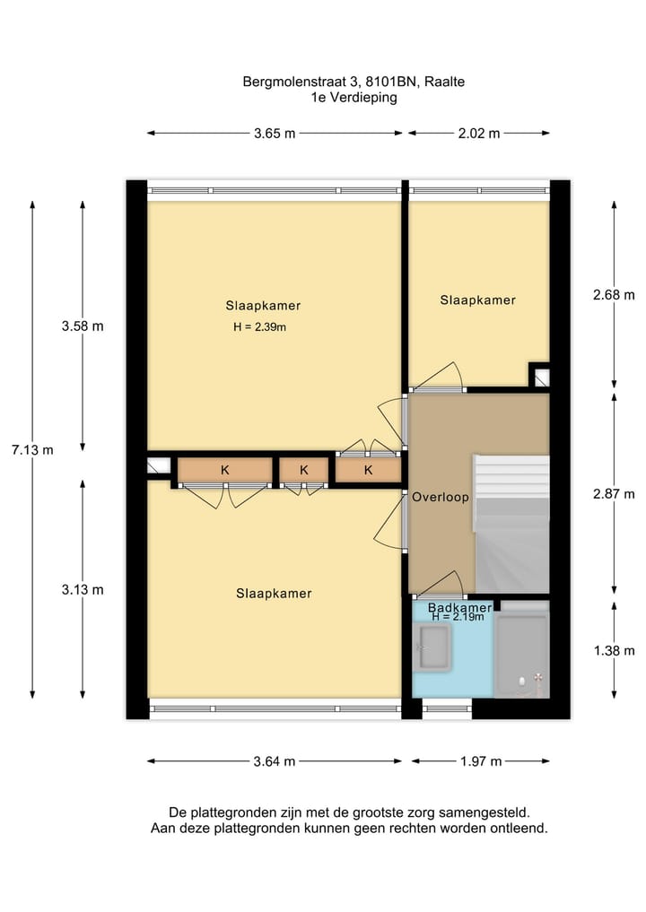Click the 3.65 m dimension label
coord(275,134)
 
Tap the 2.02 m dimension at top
coord(478,134)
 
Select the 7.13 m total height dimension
coord(32,450)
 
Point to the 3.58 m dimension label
coord(83,326)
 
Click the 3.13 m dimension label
coord(83,589)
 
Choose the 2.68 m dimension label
coord(615,295)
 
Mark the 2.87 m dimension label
coord(615,494)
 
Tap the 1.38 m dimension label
coord(615,651)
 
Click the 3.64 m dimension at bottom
coord(275,762)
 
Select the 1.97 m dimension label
coord(480,762)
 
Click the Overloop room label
coord(440,497)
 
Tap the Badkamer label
coord(460,608)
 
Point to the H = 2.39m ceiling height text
coord(259,327)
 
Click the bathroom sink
coord(435,647)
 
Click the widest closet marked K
coord(224,470)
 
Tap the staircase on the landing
coord(511,511)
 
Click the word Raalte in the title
coord(445,82)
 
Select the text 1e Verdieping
coord(354,98)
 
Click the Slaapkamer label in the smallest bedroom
coord(477,300)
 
